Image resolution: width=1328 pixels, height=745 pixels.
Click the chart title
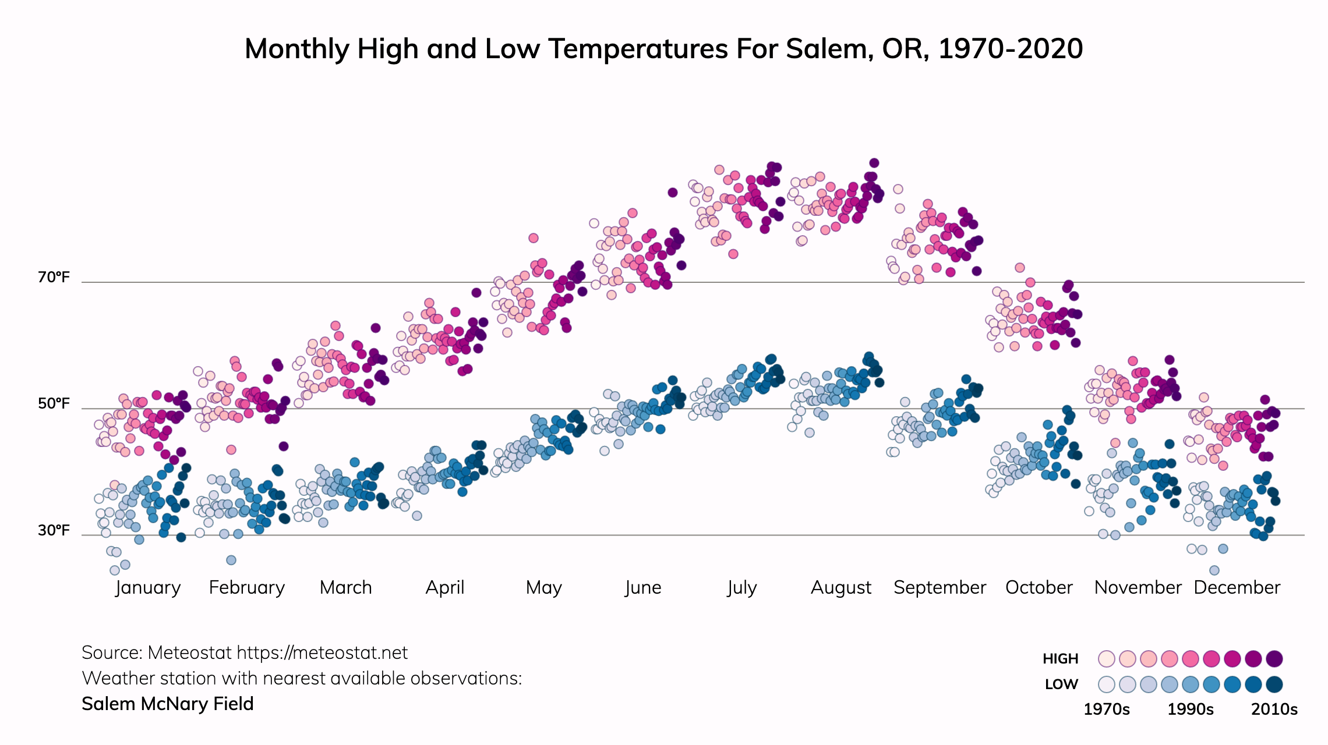click(663, 49)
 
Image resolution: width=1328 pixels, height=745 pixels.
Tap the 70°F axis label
click(54, 278)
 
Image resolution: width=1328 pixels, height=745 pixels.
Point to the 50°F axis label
click(54, 404)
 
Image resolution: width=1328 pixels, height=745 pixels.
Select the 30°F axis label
click(54, 530)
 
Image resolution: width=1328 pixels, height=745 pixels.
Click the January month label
click(148, 588)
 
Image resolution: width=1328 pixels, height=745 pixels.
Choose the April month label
click(445, 588)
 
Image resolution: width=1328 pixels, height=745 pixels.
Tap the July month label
click(741, 588)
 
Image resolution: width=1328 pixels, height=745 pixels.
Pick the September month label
click(940, 588)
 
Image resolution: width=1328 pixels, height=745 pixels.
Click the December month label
click(1237, 588)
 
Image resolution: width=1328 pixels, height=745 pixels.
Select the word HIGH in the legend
click(1060, 659)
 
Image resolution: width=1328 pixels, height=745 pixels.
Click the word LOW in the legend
click(1061, 684)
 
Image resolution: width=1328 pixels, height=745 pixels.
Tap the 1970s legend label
click(1106, 709)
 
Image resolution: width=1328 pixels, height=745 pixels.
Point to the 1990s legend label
click(1190, 709)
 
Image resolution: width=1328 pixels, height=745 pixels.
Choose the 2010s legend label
click(1274, 709)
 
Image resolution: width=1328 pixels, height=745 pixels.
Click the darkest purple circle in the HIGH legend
click(1274, 659)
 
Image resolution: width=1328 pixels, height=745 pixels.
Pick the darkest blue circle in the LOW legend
click(1274, 684)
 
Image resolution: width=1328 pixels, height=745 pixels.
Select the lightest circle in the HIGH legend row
click(1106, 659)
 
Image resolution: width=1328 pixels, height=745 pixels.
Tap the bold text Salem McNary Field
click(168, 704)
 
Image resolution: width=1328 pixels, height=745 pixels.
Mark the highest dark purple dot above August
click(874, 163)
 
